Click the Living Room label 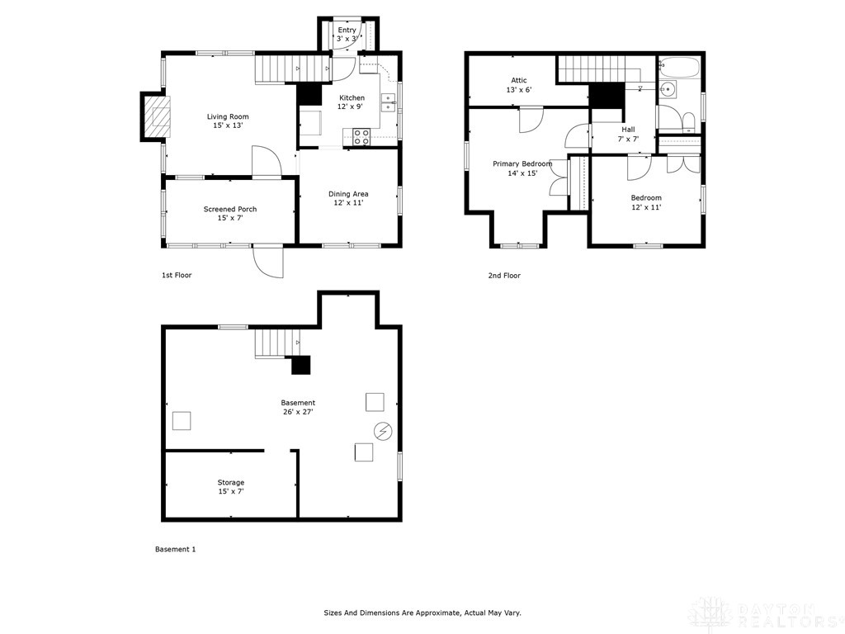click(x=228, y=116)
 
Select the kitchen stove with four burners click(x=361, y=137)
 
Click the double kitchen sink click(x=388, y=102)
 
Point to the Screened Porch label click(x=230, y=209)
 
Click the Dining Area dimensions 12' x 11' click(x=349, y=203)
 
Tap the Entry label click(x=347, y=31)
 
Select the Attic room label click(x=519, y=80)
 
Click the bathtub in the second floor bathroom click(x=679, y=67)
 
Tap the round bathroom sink click(x=668, y=89)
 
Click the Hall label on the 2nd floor click(x=628, y=130)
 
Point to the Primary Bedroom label click(x=522, y=164)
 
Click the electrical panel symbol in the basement click(x=383, y=431)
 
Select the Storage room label click(x=231, y=482)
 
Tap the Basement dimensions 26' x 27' click(x=298, y=412)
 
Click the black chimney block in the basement click(x=301, y=365)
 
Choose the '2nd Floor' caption click(x=504, y=276)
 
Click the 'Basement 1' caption click(x=176, y=549)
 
